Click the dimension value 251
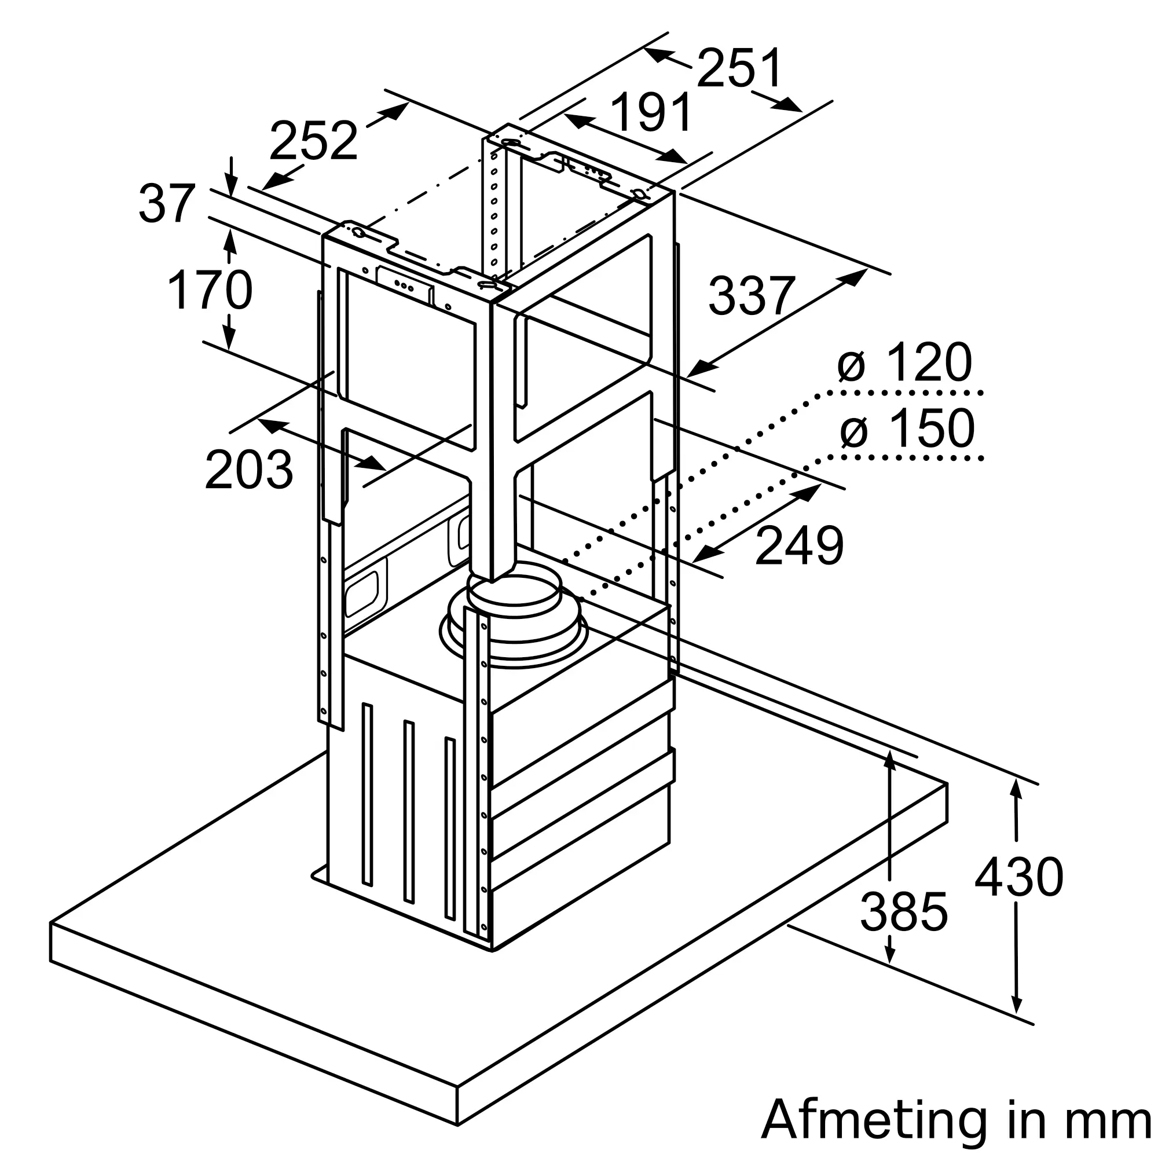pos(739,68)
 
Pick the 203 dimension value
pos(249,470)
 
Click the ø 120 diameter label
pos(904,362)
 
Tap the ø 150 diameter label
pos(907,428)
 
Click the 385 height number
pos(904,912)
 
